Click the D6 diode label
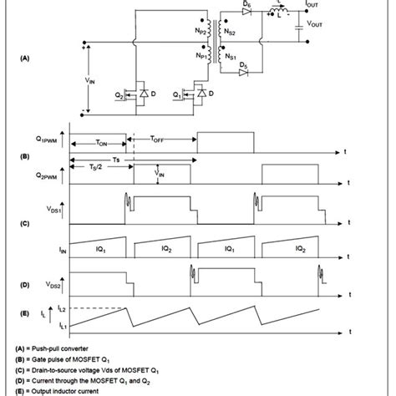246,6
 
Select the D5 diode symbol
243,73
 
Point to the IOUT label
312,5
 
